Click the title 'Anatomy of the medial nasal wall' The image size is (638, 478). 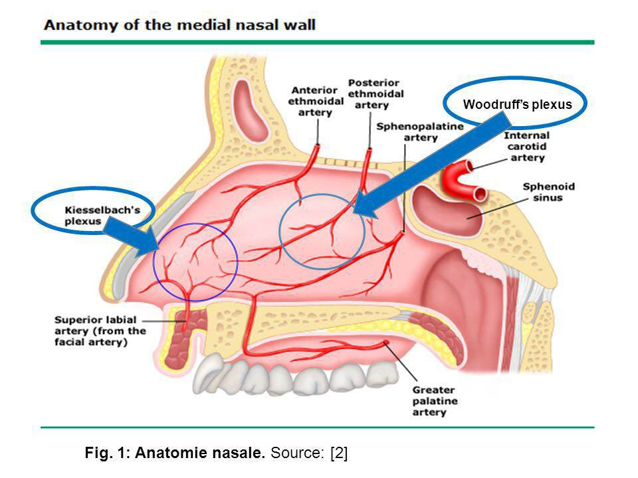[x=179, y=26]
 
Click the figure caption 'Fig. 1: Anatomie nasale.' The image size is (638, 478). [x=176, y=453]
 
